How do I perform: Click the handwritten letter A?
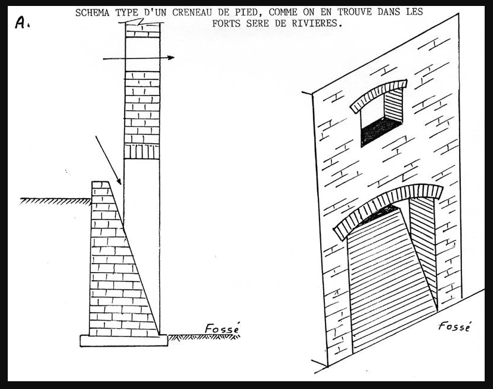point(21,23)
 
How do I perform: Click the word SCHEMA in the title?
point(92,13)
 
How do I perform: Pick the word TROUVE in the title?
point(354,13)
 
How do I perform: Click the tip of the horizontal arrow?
point(174,58)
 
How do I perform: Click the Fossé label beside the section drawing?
point(222,328)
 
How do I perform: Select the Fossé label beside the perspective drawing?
point(455,326)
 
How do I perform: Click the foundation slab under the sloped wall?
point(123,341)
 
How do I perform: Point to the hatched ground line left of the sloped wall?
point(55,201)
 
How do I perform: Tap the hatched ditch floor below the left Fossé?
point(204,337)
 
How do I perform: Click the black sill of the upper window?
point(381,130)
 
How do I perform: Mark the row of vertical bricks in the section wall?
point(142,152)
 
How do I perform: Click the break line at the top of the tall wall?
point(141,22)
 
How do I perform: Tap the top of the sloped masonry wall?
point(100,181)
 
